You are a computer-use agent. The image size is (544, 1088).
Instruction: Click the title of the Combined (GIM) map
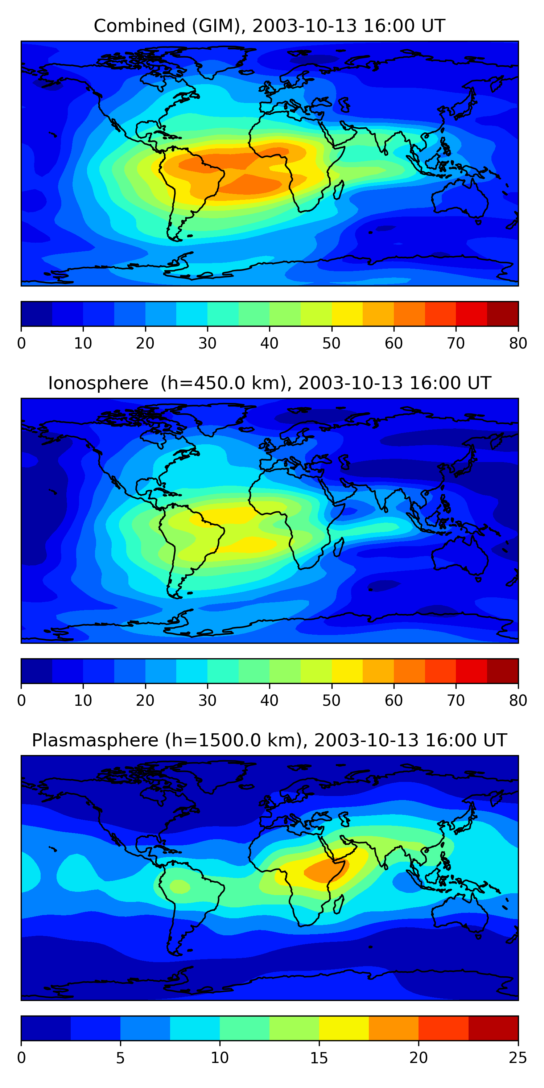click(x=269, y=26)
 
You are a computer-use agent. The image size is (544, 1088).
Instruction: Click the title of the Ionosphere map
click(x=269, y=383)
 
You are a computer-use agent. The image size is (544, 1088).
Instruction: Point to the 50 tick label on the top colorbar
click(x=331, y=343)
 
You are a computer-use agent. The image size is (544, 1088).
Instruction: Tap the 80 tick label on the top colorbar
click(x=518, y=343)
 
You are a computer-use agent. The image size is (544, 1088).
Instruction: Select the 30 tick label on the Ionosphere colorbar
click(x=207, y=700)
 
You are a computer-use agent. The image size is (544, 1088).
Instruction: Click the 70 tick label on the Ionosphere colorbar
click(x=456, y=700)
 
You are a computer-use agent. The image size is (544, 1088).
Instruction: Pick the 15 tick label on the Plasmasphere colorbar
click(x=319, y=1058)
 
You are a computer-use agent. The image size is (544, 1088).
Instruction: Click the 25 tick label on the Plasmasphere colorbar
click(x=518, y=1058)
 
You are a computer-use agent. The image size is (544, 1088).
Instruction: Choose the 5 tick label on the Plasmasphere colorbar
click(x=120, y=1058)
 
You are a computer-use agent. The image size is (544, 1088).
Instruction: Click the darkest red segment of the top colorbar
click(x=503, y=314)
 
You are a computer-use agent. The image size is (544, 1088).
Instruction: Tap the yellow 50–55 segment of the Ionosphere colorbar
click(x=347, y=671)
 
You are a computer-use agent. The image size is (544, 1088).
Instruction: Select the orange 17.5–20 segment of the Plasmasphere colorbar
click(x=393, y=1028)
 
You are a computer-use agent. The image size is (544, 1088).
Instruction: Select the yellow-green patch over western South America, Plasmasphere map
click(x=180, y=886)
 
